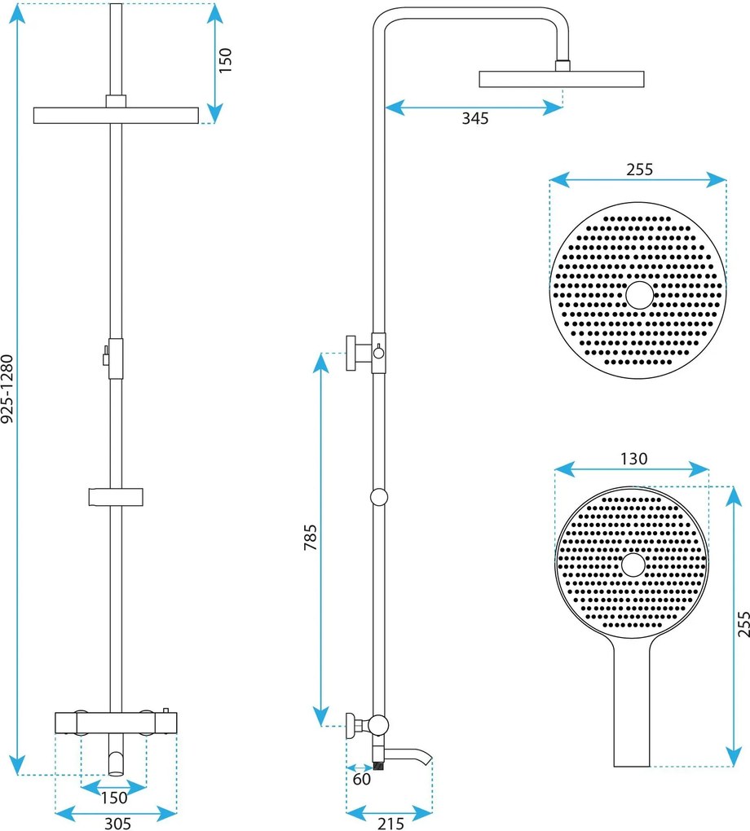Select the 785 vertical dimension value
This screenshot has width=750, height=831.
(x=311, y=537)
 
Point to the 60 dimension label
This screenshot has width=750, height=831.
(x=362, y=780)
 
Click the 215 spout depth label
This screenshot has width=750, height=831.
(x=389, y=824)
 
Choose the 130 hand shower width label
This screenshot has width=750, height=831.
(x=633, y=459)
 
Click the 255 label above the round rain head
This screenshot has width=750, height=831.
(x=639, y=169)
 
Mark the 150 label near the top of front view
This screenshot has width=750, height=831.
(x=226, y=60)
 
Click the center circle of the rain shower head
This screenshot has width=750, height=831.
(x=639, y=295)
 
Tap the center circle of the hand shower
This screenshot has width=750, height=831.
(x=633, y=565)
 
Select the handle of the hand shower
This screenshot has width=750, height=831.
(x=631, y=709)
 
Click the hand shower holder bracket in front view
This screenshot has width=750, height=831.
(x=116, y=496)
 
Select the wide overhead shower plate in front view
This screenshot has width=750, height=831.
(x=117, y=115)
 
